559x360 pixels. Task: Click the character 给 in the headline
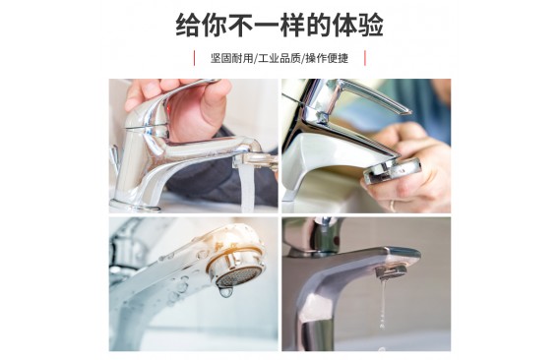pos(188,26)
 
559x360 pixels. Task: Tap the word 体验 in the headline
pos(358,26)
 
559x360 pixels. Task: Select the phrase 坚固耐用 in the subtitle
pos(231,58)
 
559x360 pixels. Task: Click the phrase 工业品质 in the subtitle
pos(279,58)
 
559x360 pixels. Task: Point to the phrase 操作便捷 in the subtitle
pos(327,58)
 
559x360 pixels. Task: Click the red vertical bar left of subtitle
pos(194,58)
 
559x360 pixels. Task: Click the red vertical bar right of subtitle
pos(365,58)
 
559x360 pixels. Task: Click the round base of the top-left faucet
pos(135,206)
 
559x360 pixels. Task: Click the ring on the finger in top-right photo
pos(392,206)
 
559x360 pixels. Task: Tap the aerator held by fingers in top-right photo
pos(392,171)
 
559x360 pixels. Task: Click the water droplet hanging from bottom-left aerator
pos(225,292)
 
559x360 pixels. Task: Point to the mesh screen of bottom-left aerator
pos(238,276)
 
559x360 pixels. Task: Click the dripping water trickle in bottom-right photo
pos(383,303)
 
